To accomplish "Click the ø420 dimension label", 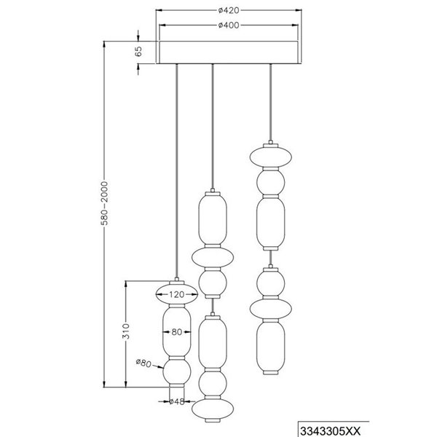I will coord(229,11).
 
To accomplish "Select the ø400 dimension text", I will coord(229,25).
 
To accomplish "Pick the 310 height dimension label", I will coord(125,333).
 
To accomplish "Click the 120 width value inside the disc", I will coord(177,295).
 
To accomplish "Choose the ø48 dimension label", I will coord(177,401).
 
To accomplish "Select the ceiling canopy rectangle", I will coord(229,52).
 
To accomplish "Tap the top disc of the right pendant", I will coord(271,157).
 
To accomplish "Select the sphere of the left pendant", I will coord(177,374).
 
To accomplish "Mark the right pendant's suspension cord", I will coord(271,102).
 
